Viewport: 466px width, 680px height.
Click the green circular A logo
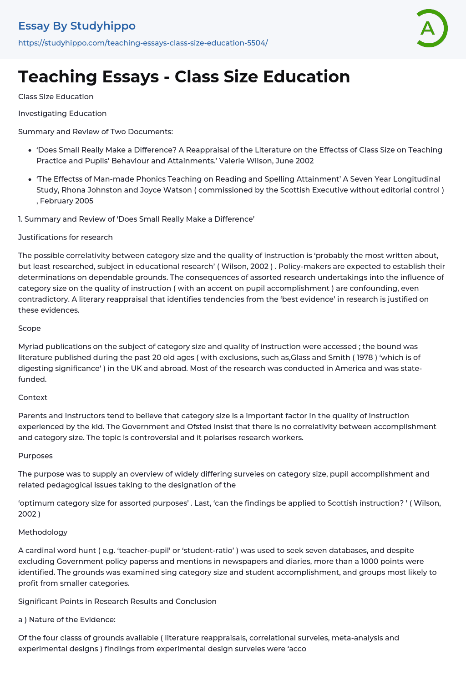pyautogui.click(x=431, y=28)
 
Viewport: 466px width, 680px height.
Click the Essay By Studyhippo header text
pyautogui.click(x=77, y=26)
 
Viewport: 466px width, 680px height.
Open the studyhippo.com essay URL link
pyautogui.click(x=143, y=43)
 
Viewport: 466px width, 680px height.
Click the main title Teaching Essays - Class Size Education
pyautogui.click(x=184, y=76)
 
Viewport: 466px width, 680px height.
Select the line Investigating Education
pyautogui.click(x=62, y=113)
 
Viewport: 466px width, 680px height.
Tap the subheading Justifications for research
pyautogui.click(x=66, y=237)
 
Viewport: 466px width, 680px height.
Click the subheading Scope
pyautogui.click(x=30, y=328)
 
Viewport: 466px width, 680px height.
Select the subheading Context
pyautogui.click(x=33, y=397)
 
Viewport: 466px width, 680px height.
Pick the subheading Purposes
pyautogui.click(x=35, y=456)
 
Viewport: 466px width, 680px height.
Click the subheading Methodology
pyautogui.click(x=43, y=532)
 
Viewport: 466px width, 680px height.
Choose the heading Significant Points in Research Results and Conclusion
pyautogui.click(x=117, y=601)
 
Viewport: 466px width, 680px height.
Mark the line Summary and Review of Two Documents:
pyautogui.click(x=96, y=132)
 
